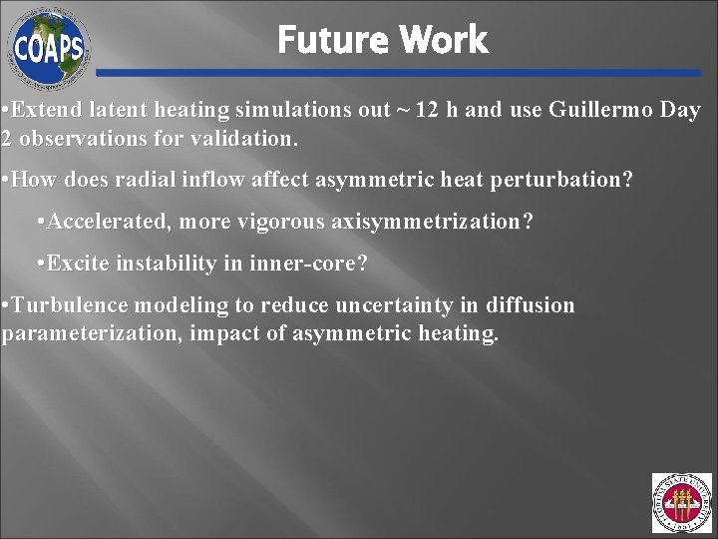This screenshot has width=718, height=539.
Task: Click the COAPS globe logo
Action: pos(49,46)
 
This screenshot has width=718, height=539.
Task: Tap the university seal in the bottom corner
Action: pos(682,503)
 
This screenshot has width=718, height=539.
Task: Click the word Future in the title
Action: pos(333,40)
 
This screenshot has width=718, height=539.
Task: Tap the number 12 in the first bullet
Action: pos(427,110)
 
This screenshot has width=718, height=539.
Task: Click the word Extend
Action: pos(46,110)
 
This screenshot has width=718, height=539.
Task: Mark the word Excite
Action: pos(76,264)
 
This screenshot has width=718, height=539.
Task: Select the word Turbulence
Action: pos(69,305)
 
